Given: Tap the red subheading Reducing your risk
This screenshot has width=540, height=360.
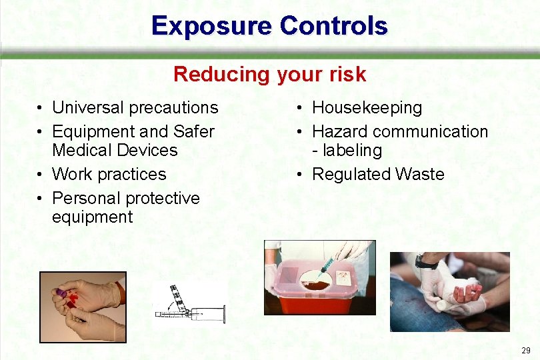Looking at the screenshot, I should point(269,74).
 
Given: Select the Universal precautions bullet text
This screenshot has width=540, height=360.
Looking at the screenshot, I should point(135,107).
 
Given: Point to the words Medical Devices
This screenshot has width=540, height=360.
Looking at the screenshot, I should point(115,150).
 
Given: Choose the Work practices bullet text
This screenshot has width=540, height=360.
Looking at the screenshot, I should point(109,174).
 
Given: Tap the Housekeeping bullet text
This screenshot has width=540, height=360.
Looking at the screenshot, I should point(367,107).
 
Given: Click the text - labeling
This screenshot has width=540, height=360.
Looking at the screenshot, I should point(347,150).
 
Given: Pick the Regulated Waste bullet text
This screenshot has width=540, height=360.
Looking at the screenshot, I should point(378,174).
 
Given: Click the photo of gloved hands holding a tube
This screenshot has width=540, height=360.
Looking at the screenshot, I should point(83,306).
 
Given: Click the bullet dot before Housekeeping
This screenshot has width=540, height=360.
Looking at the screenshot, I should point(301,108).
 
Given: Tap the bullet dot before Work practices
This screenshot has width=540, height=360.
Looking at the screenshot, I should point(41,175).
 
